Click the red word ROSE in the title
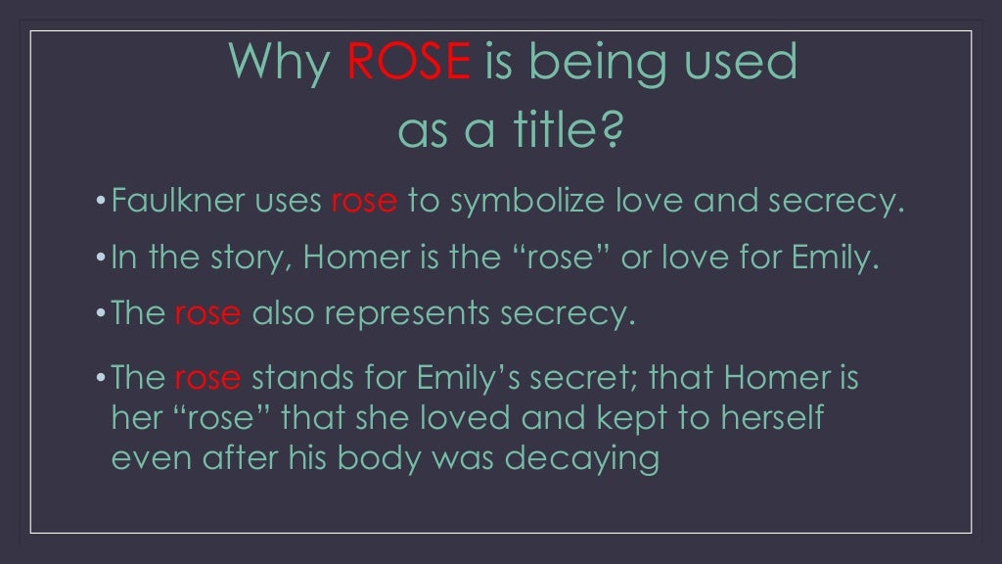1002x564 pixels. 408,63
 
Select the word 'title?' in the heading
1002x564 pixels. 562,129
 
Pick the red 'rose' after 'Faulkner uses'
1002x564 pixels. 364,202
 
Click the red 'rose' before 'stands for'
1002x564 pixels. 207,378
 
